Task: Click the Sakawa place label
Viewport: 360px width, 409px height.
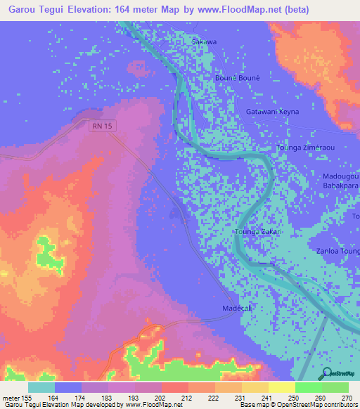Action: pyautogui.click(x=205, y=42)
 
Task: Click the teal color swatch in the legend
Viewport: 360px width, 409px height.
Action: pyautogui.click(x=41, y=387)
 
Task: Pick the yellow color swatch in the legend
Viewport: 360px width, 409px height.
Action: pyautogui.click(x=281, y=387)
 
